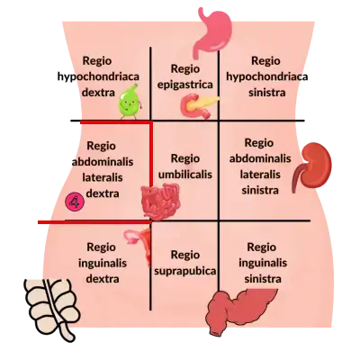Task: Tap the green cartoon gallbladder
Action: tap(130, 101)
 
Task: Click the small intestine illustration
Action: tap(160, 201)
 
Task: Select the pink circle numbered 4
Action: tap(75, 202)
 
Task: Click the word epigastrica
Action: tap(185, 85)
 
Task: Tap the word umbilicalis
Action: tap(185, 175)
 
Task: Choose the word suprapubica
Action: tap(185, 271)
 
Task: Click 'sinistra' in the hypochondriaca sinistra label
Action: tap(266, 92)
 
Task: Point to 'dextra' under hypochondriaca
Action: tap(98, 93)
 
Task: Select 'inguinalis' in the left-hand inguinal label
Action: tap(103, 263)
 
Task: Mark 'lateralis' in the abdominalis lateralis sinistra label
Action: tap(260, 175)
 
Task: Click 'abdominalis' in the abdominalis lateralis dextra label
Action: tap(103, 162)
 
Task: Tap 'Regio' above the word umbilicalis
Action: tap(185, 158)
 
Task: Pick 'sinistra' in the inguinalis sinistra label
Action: tap(263, 279)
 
